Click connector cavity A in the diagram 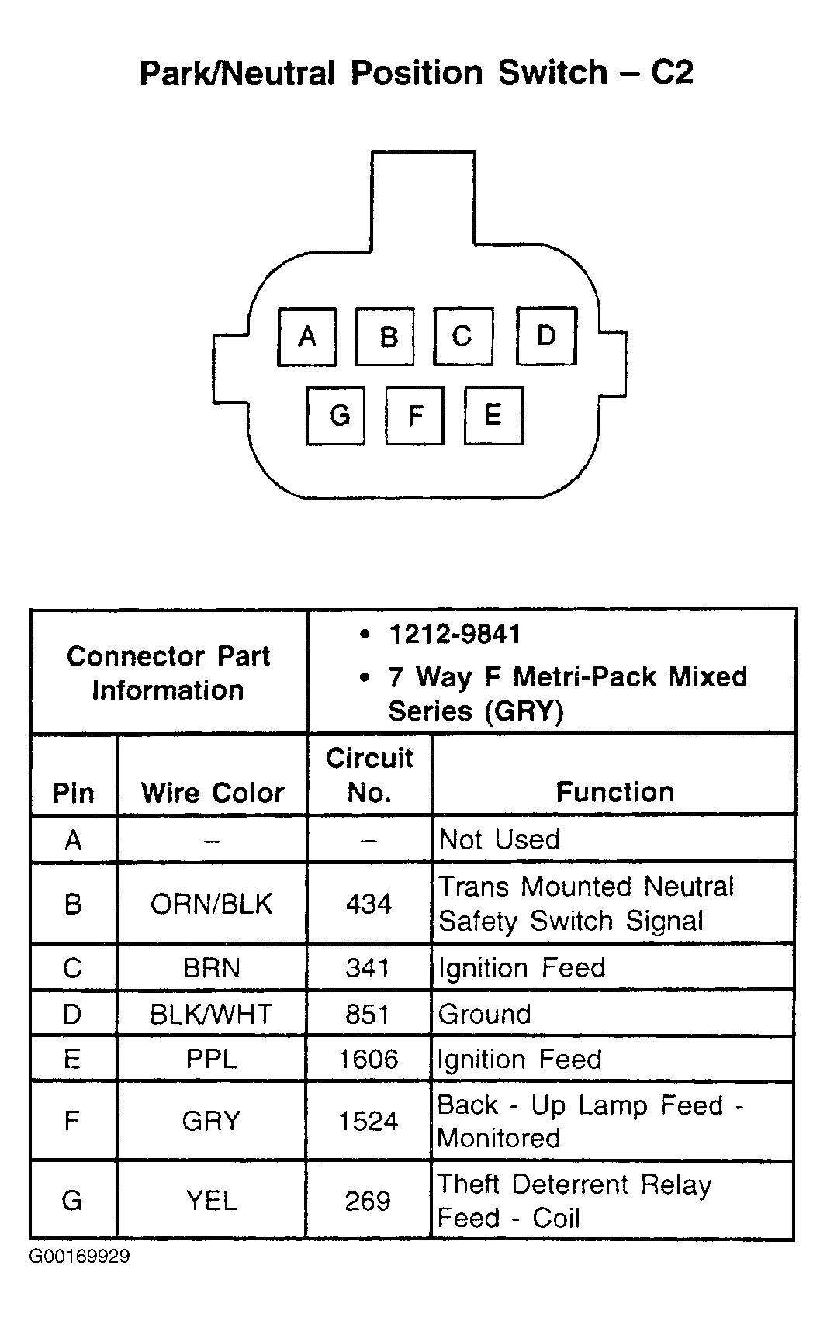(x=307, y=337)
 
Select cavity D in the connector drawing (x=546, y=336)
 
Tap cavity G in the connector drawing (x=336, y=416)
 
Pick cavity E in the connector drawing (x=493, y=415)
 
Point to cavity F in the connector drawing (x=415, y=416)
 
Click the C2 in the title (x=671, y=72)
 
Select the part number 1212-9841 (x=455, y=635)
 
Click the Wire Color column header (x=213, y=793)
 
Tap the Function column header (x=614, y=792)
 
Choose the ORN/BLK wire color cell (x=212, y=904)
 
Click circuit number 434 (x=369, y=904)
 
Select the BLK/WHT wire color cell (x=212, y=1014)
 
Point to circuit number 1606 (x=369, y=1060)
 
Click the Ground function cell (x=485, y=1014)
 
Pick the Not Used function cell (x=500, y=839)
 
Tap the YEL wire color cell (x=212, y=1201)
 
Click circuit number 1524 (x=369, y=1121)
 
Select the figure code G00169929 (x=80, y=1257)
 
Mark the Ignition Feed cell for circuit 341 (x=521, y=968)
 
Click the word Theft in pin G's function (x=469, y=1184)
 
